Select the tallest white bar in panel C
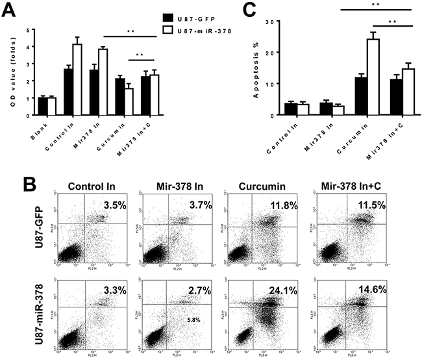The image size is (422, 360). click(355, 77)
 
